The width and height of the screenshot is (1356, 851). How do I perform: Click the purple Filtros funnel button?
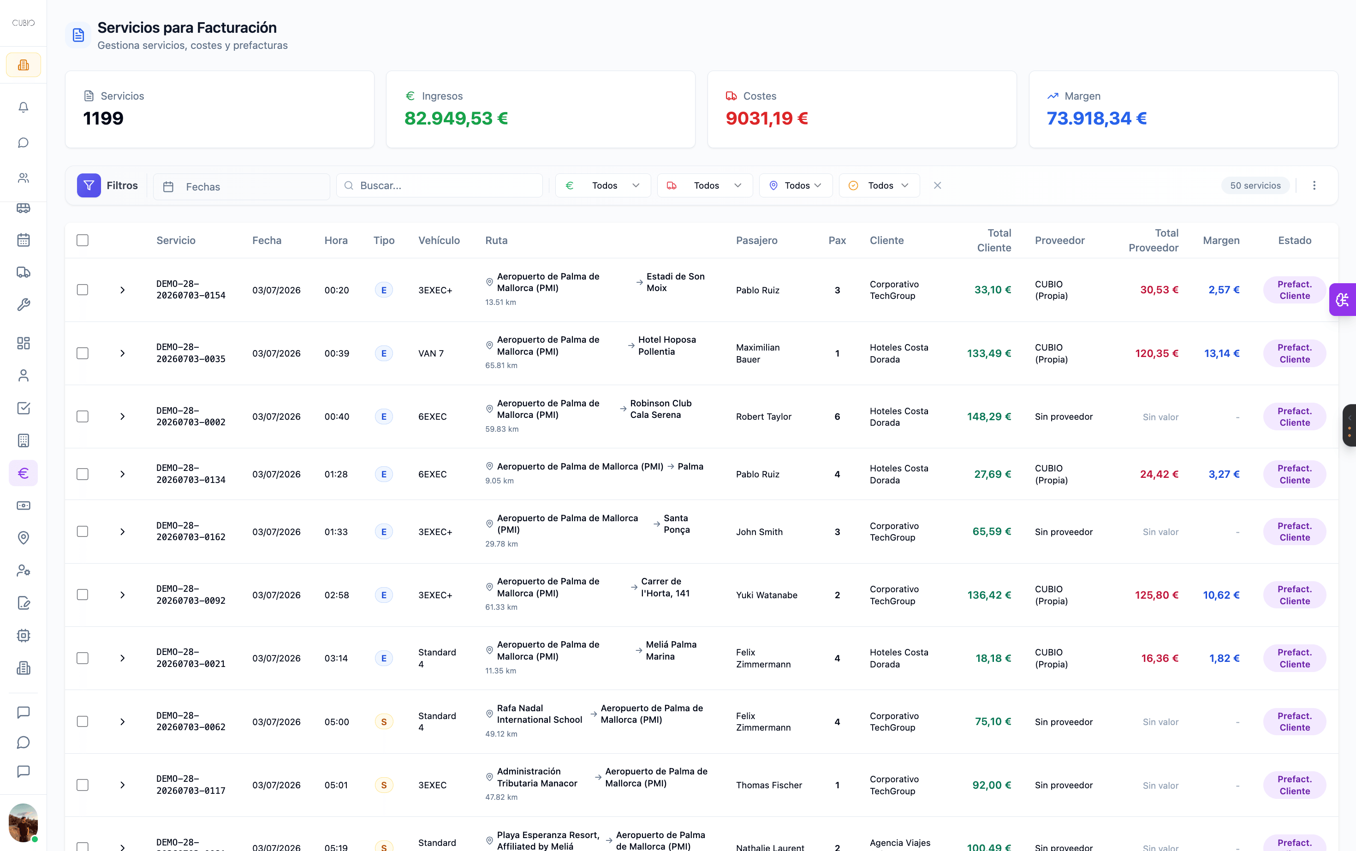pyautogui.click(x=89, y=185)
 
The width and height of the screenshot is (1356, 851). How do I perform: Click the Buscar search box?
pyautogui.click(x=440, y=185)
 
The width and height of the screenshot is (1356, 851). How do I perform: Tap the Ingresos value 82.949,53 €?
pyautogui.click(x=456, y=118)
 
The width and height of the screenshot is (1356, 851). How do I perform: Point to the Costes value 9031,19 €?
pyautogui.click(x=767, y=118)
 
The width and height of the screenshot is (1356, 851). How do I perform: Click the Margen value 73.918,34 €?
pyautogui.click(x=1097, y=118)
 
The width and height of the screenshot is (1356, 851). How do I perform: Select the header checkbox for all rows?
pyautogui.click(x=83, y=240)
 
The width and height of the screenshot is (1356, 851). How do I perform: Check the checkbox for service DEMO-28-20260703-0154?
pyautogui.click(x=83, y=290)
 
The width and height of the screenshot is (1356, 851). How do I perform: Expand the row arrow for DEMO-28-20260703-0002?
pyautogui.click(x=122, y=417)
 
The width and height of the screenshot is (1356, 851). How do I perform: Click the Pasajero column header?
pyautogui.click(x=757, y=240)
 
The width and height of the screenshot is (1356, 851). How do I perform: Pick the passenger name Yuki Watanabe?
pyautogui.click(x=767, y=595)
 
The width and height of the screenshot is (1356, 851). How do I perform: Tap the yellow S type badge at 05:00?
pyautogui.click(x=384, y=721)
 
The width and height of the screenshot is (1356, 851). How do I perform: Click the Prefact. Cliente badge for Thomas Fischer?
pyautogui.click(x=1295, y=785)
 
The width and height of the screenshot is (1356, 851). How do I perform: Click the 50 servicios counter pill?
pyautogui.click(x=1255, y=185)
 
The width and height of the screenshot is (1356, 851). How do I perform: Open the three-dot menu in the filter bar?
pyautogui.click(x=1314, y=185)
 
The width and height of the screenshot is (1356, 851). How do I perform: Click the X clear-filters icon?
pyautogui.click(x=937, y=185)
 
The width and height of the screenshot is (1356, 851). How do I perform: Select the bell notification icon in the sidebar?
pyautogui.click(x=23, y=107)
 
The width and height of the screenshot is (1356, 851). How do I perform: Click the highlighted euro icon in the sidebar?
pyautogui.click(x=23, y=473)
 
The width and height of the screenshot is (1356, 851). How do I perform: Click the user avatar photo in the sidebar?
pyautogui.click(x=23, y=822)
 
